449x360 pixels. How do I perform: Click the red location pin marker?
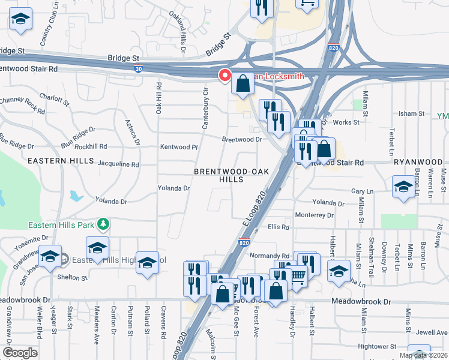pos(225,76)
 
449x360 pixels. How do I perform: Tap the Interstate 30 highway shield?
pos(137,69)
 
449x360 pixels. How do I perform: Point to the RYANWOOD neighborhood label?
pos(418,163)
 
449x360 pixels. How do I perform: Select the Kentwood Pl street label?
pos(178,147)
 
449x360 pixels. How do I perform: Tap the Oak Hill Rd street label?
pos(159,100)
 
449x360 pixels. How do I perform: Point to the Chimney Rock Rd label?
pos(22,105)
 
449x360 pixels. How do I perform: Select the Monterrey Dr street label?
pos(314,215)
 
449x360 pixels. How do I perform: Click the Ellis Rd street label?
pos(279,227)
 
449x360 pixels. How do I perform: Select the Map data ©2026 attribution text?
pos(423,355)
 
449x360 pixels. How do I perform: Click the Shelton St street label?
pos(72,277)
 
